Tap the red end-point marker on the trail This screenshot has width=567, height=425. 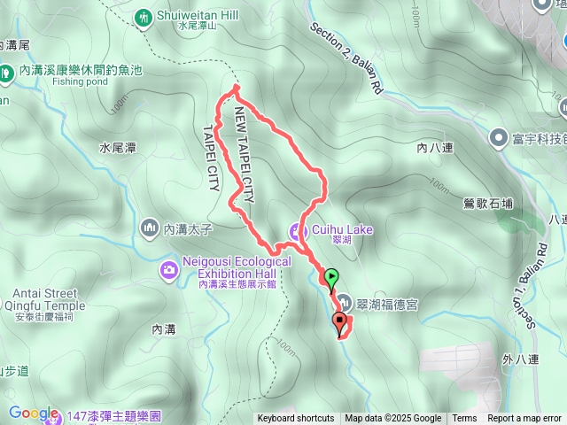click(x=339, y=322)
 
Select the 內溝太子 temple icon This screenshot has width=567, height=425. click(x=148, y=229)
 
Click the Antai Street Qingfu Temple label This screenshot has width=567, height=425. click(x=49, y=300)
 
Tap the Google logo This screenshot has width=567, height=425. click(x=33, y=413)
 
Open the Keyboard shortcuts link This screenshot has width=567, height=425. click(x=296, y=419)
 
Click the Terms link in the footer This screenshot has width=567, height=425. click(x=464, y=419)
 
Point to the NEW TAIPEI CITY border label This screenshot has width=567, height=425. click(x=244, y=155)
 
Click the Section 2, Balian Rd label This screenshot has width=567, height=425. click(x=346, y=58)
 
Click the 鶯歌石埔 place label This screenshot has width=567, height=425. click(x=488, y=204)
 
